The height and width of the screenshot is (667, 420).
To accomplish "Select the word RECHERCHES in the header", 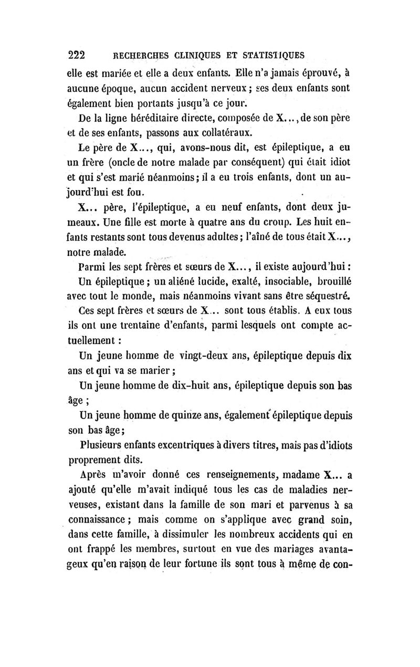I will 140,56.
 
